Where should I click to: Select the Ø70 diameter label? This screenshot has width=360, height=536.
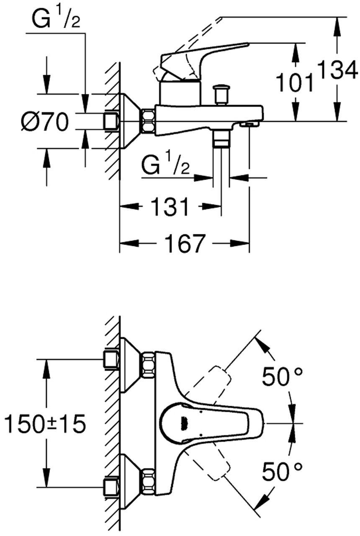point(44,122)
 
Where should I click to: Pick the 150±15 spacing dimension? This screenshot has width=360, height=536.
point(44,423)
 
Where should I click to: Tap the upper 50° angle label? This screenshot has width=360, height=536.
point(282,378)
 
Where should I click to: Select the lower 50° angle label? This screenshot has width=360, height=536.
point(282,472)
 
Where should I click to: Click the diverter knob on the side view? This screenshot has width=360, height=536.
point(221,94)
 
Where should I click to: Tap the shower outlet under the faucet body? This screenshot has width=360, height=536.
point(221,139)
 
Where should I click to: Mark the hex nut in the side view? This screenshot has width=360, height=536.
point(148,121)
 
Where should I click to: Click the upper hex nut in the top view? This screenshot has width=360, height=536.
point(148,363)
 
